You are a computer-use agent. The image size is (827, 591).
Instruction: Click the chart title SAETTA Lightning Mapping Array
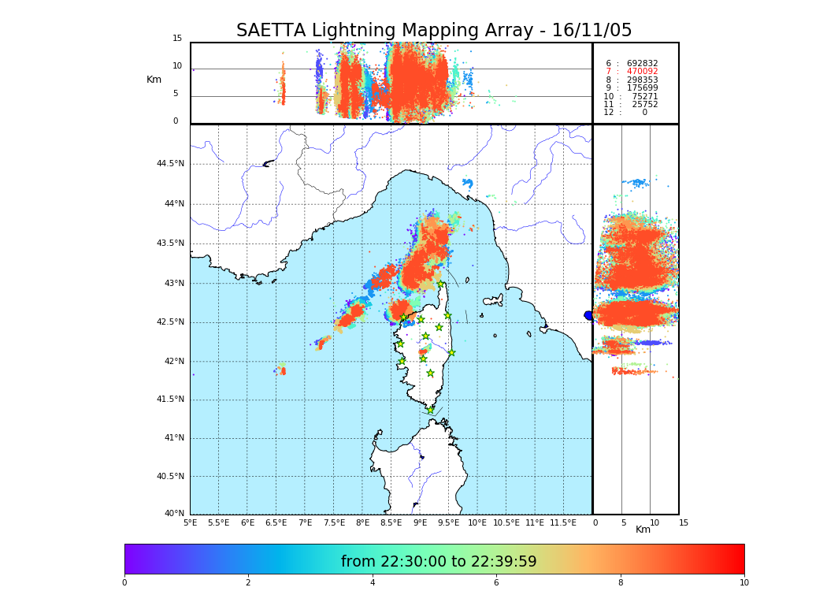[434, 31]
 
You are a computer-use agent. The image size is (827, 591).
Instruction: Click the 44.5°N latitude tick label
[169, 164]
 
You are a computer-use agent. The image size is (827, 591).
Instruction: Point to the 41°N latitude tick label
[172, 438]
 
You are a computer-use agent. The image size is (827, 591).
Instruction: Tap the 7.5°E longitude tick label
[334, 523]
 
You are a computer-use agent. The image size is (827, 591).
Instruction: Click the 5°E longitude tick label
[190, 523]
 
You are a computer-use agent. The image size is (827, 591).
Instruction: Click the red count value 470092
[642, 72]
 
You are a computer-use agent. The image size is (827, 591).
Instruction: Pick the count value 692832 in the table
[642, 64]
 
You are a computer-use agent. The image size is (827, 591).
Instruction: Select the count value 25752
[644, 105]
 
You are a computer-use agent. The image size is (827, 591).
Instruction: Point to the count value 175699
[642, 88]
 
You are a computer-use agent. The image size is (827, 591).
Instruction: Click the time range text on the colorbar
[439, 562]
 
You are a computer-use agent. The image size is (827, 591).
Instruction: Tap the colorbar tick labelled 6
[496, 583]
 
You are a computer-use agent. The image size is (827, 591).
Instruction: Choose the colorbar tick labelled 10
[744, 583]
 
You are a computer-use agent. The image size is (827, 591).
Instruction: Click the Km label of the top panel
[154, 80]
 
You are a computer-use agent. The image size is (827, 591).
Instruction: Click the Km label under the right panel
[643, 530]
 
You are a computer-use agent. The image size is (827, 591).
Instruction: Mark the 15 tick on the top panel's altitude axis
[177, 39]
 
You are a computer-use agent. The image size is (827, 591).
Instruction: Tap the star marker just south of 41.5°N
[430, 410]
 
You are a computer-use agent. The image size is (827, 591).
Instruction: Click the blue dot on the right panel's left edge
[588, 315]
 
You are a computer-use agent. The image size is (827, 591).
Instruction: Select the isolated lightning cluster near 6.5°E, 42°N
[282, 369]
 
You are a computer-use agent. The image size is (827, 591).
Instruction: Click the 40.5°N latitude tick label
[169, 477]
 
